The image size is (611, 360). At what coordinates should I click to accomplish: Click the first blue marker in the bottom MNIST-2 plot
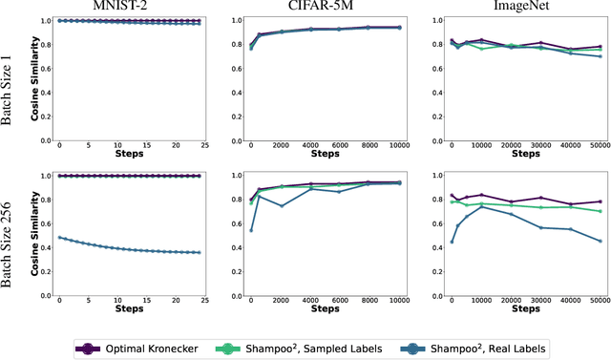(x=59, y=238)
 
